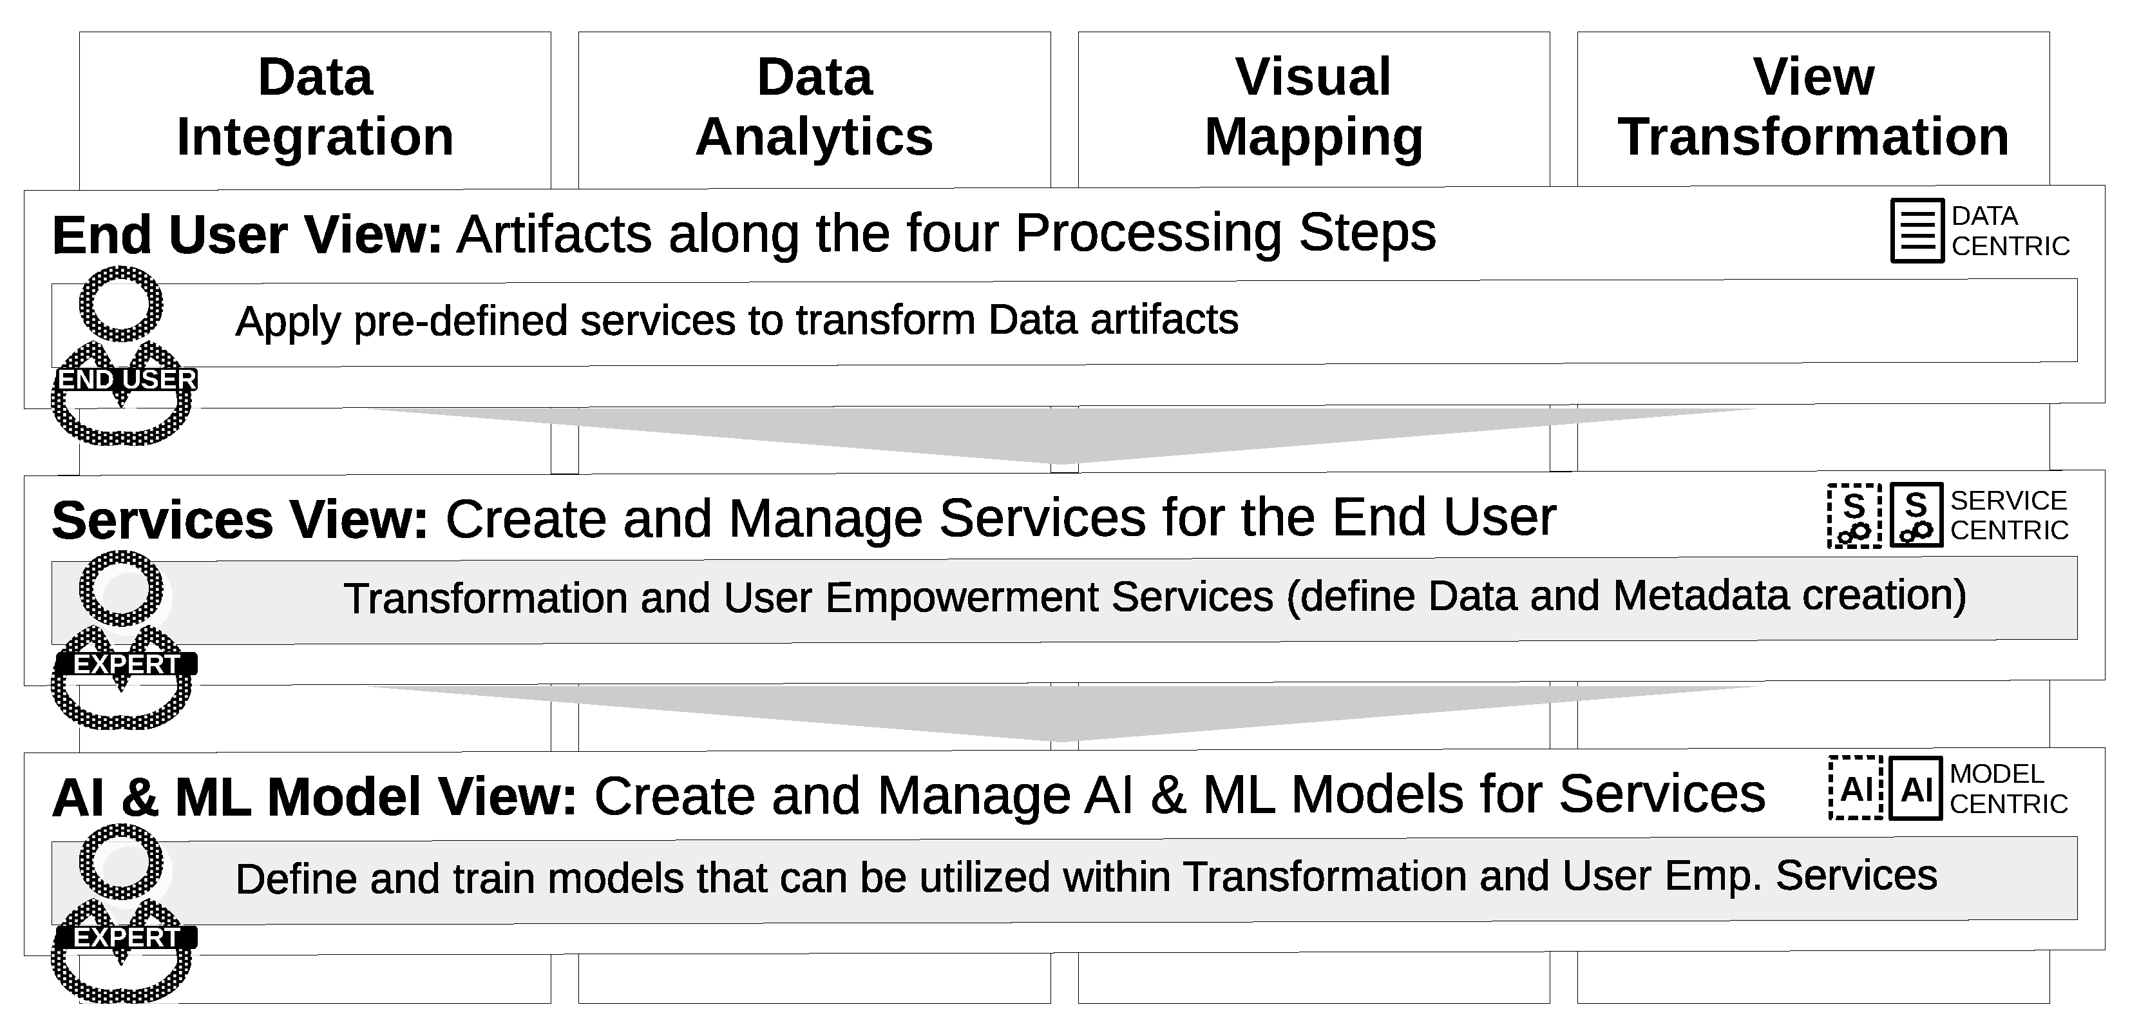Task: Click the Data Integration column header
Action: [315, 107]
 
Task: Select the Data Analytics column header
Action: [815, 107]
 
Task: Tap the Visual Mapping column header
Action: [1313, 107]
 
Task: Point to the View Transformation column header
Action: [1812, 107]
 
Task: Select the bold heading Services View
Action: [240, 520]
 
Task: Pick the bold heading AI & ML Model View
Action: [314, 797]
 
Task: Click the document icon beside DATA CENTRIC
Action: [1917, 231]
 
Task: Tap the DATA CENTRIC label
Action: [2010, 231]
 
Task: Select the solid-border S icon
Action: [1916, 516]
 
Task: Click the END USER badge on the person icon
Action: [126, 379]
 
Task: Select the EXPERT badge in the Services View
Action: [126, 664]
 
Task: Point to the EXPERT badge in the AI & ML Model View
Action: [126, 937]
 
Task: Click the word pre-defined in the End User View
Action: [461, 321]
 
